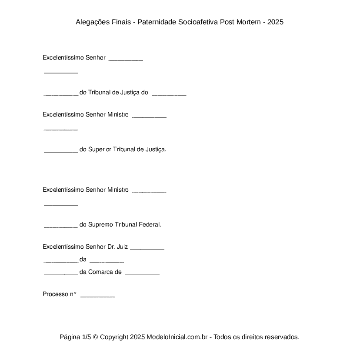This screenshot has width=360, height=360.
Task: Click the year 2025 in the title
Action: pyautogui.click(x=275, y=22)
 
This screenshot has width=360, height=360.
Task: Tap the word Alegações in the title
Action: pyautogui.click(x=92, y=22)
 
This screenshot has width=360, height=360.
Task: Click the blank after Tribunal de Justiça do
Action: pyautogui.click(x=169, y=93)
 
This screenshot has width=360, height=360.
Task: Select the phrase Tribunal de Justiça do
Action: pyautogui.click(x=118, y=93)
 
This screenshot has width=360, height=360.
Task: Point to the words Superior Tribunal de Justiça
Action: pyautogui.click(x=127, y=150)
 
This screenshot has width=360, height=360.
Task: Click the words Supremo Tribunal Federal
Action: pyautogui.click(x=124, y=225)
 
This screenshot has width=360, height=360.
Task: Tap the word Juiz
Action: pyautogui.click(x=122, y=247)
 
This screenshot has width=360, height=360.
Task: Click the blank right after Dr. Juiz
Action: pyautogui.click(x=147, y=248)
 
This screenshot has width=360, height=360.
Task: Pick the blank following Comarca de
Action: pyautogui.click(x=142, y=273)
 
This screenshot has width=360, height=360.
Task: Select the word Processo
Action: pyautogui.click(x=55, y=294)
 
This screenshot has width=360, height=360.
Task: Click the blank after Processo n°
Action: pyautogui.click(x=98, y=295)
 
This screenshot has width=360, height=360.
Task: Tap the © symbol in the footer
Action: pyautogui.click(x=96, y=337)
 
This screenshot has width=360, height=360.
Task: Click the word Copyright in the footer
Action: pyautogui.click(x=114, y=337)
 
